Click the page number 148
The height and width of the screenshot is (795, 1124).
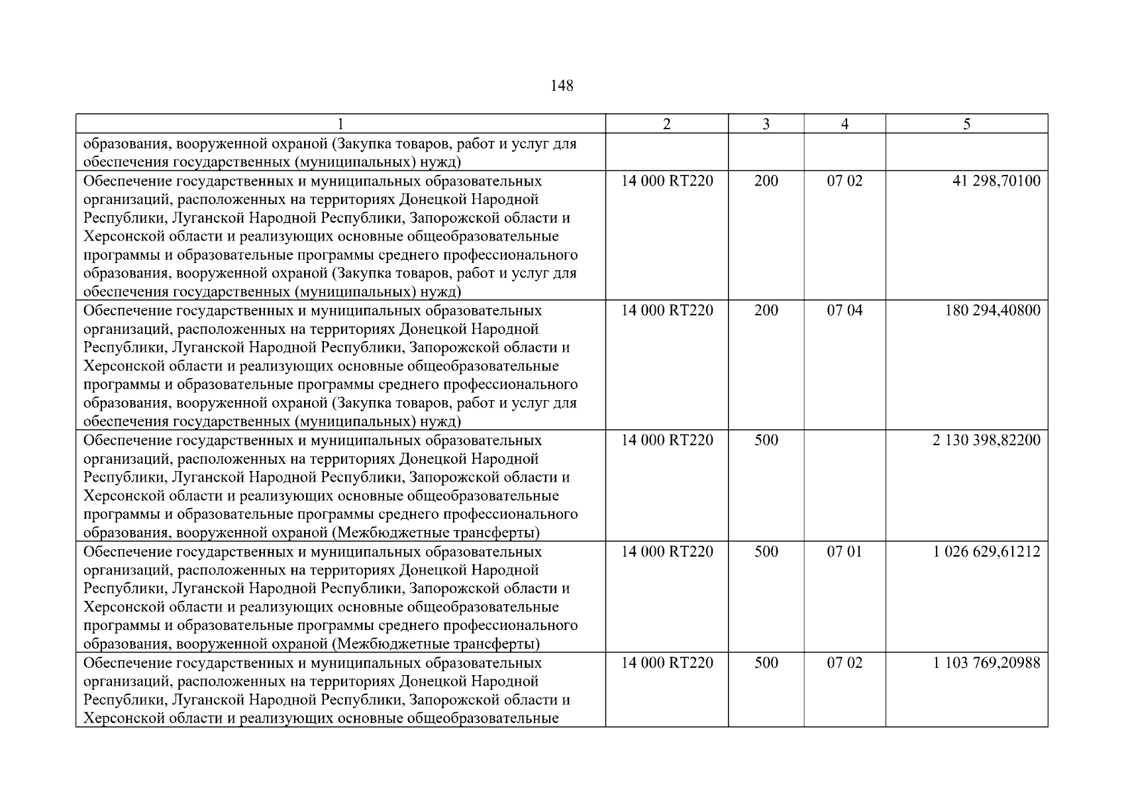click(x=562, y=86)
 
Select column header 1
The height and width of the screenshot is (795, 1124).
click(x=340, y=124)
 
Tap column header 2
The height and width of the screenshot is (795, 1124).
click(x=666, y=124)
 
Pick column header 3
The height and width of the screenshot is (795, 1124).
click(x=766, y=124)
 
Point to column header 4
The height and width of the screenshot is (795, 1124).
click(x=844, y=124)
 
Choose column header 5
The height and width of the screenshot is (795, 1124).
click(x=966, y=124)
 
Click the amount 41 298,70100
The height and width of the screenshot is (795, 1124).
click(x=996, y=181)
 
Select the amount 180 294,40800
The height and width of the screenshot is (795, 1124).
click(x=992, y=311)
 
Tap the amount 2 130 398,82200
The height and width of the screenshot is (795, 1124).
click(x=986, y=441)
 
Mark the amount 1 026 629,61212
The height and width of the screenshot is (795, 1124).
click(x=986, y=552)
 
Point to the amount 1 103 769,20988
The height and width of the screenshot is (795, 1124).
click(x=986, y=663)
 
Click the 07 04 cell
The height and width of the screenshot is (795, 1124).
click(x=844, y=311)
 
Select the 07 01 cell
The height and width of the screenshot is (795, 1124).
click(x=844, y=552)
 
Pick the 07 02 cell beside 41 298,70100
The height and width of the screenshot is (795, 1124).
click(x=844, y=181)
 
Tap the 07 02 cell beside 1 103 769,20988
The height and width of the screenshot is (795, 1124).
click(x=844, y=663)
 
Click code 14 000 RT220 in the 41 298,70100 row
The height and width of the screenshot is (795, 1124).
click(x=667, y=181)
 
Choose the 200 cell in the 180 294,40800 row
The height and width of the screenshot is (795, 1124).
click(x=766, y=311)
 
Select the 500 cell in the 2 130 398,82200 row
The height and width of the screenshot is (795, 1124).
click(x=766, y=441)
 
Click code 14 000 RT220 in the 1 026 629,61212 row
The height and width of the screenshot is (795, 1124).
click(x=667, y=552)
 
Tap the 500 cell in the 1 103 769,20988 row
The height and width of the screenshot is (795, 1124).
click(x=766, y=663)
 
